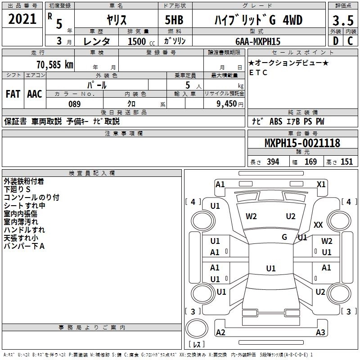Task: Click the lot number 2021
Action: tap(22, 19)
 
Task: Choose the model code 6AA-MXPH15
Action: tap(258, 41)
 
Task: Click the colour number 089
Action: tap(74, 104)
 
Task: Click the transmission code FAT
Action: tap(13, 94)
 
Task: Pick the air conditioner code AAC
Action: tap(35, 94)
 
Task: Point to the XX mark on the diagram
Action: tap(318, 225)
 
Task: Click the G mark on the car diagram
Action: tap(284, 237)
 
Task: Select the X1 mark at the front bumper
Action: tap(321, 184)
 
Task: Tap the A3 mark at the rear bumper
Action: tap(320, 333)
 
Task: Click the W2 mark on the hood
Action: tap(251, 216)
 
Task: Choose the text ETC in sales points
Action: tap(258, 72)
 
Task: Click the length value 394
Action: tap(273, 162)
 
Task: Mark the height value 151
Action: tap(346, 162)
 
